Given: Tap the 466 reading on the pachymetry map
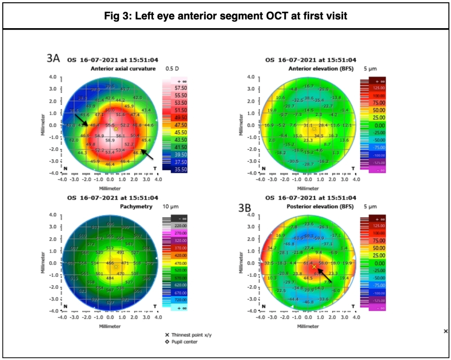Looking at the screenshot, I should click(110, 263).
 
